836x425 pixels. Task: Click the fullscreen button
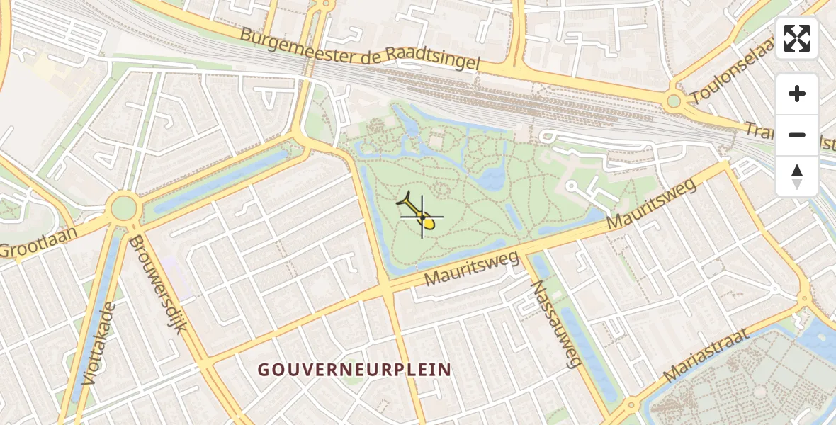point(797,38)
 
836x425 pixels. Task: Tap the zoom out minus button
point(797,135)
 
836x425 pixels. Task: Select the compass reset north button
point(797,176)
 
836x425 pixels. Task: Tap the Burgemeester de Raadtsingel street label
point(360,49)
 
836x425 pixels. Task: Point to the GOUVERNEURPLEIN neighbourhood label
point(354,370)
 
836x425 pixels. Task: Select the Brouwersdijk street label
point(157,283)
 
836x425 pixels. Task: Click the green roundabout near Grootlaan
point(123,208)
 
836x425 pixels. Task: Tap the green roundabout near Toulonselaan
point(674,101)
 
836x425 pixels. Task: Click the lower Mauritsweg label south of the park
point(472,267)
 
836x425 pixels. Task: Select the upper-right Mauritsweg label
point(652,204)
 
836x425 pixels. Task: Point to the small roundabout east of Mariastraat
point(804,299)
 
